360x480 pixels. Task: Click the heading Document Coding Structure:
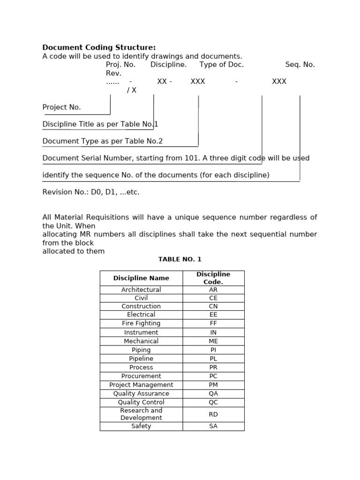[99, 47]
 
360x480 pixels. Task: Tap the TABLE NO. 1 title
[180, 259]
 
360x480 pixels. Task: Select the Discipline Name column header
[141, 278]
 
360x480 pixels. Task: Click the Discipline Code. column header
[213, 278]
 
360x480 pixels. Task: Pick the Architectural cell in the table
[141, 290]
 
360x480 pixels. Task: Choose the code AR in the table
[213, 290]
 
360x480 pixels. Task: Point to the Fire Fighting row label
[141, 323]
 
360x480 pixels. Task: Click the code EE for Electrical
[213, 315]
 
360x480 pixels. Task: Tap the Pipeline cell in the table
[141, 359]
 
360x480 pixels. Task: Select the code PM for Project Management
[213, 385]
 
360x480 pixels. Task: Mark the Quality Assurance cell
[141, 394]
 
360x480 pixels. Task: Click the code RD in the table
[213, 414]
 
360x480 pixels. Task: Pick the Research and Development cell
[141, 414]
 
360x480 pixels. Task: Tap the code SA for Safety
[213, 426]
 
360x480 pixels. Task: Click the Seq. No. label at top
[300, 65]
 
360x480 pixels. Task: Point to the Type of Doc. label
[222, 65]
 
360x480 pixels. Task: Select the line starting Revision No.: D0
[91, 192]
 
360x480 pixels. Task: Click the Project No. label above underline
[61, 107]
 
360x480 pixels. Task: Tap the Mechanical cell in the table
[141, 341]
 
